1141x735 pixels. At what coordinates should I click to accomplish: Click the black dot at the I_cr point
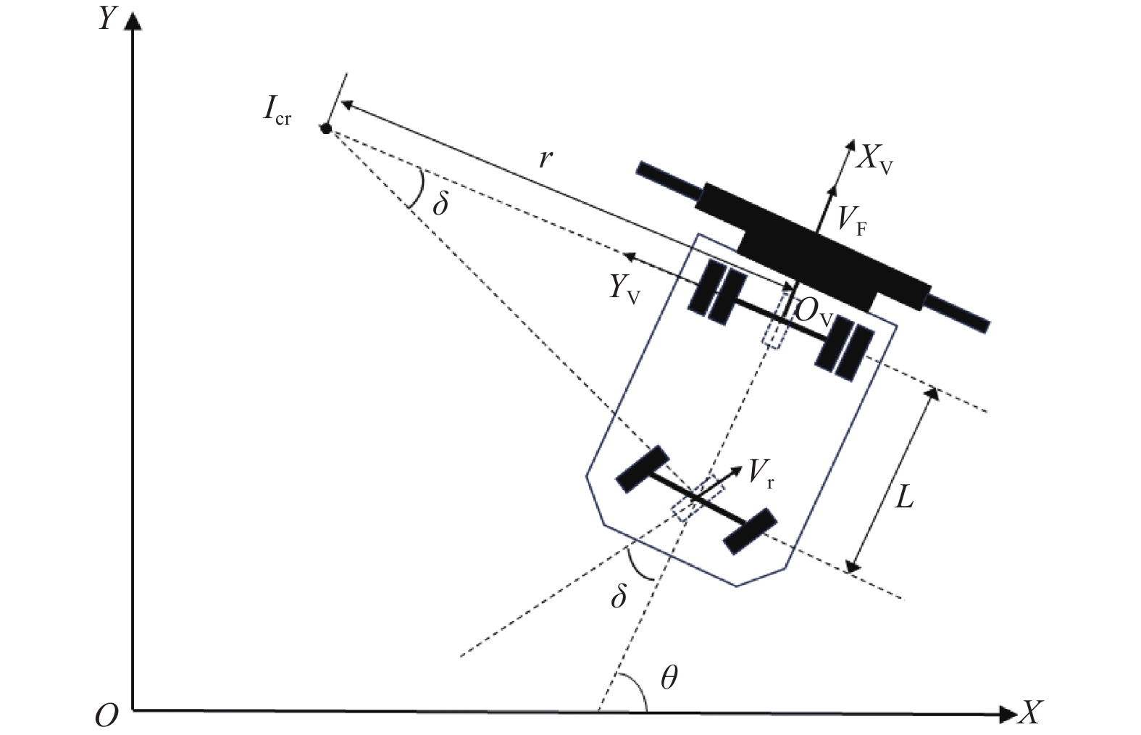326,129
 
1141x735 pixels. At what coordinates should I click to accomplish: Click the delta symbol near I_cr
440,204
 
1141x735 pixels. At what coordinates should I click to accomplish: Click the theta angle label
669,678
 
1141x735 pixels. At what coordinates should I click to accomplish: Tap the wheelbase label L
903,497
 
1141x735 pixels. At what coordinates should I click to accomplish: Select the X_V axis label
874,159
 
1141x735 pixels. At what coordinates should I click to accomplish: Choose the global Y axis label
107,20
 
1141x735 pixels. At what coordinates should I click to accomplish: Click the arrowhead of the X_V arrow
849,145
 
